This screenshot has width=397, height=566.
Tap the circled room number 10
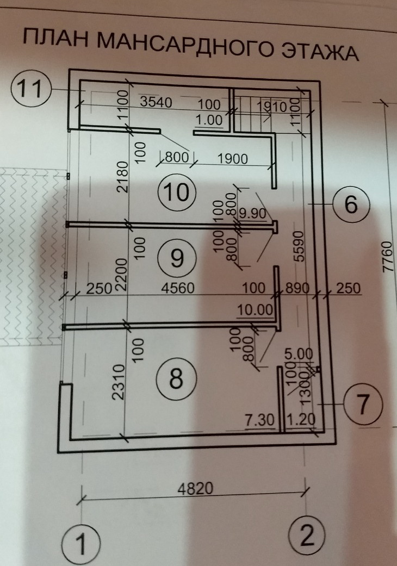pyautogui.click(x=175, y=191)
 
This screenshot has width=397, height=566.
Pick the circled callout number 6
pyautogui.click(x=350, y=205)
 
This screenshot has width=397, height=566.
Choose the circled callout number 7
pyautogui.click(x=364, y=404)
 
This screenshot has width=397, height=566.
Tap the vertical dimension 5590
pyautogui.click(x=297, y=250)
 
